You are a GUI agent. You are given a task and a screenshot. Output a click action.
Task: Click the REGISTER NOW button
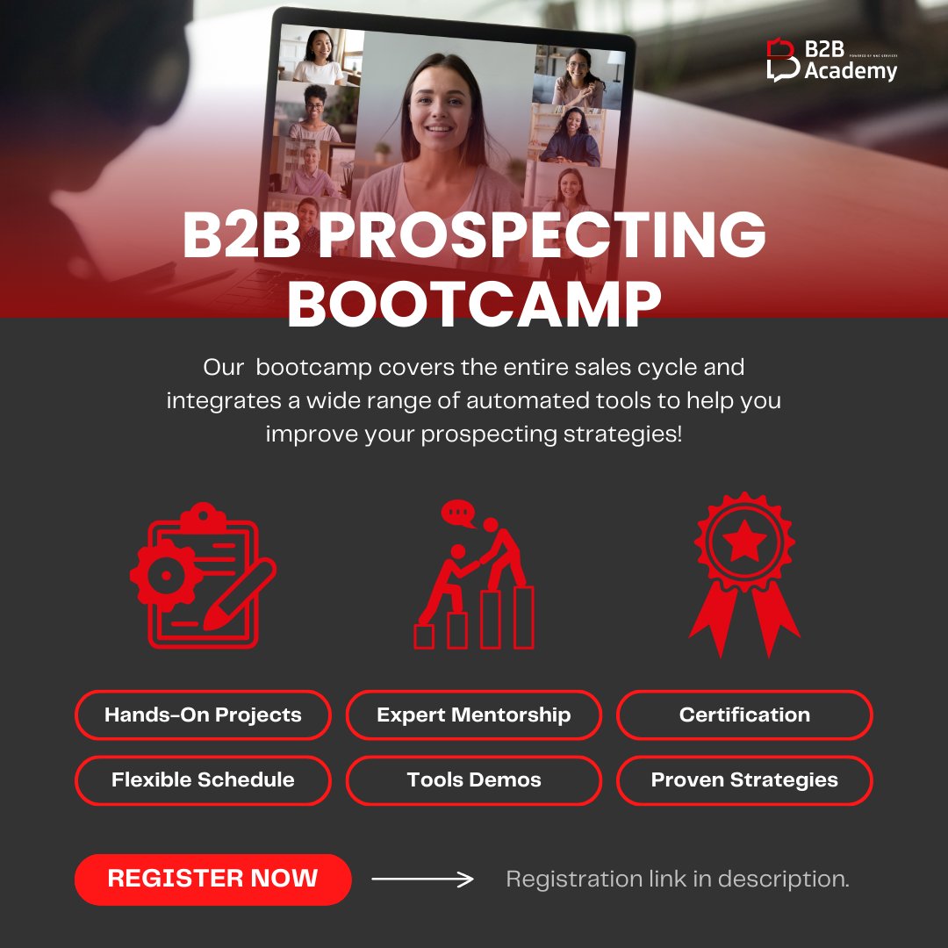pyautogui.click(x=212, y=879)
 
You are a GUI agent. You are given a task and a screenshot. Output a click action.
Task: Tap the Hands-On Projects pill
pyautogui.click(x=203, y=715)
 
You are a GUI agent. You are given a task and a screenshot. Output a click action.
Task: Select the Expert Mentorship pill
pyautogui.click(x=474, y=715)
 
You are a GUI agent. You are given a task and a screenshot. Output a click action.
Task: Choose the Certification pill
pyautogui.click(x=744, y=715)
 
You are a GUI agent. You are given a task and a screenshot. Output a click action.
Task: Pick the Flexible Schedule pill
pyautogui.click(x=203, y=779)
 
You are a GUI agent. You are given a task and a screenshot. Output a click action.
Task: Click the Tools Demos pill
pyautogui.click(x=474, y=779)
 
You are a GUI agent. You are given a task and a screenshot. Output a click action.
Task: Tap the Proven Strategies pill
pyautogui.click(x=744, y=779)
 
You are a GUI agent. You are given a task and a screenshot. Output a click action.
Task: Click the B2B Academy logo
pyautogui.click(x=831, y=61)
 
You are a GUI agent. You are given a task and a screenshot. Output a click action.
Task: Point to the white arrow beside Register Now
pyautogui.click(x=422, y=879)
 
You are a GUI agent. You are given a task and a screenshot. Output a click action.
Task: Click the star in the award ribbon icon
pyautogui.click(x=745, y=544)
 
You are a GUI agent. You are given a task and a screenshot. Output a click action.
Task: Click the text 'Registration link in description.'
pyautogui.click(x=678, y=879)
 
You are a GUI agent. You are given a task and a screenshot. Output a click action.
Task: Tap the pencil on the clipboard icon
pyautogui.click(x=240, y=595)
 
